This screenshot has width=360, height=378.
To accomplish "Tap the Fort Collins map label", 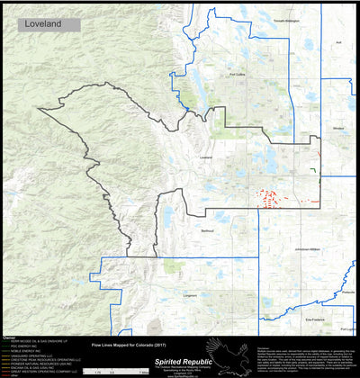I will [237, 75].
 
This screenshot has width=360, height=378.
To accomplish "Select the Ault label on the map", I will [338, 41].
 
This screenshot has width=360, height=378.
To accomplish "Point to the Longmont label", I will [190, 293].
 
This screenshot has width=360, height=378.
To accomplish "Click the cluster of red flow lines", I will [270, 198].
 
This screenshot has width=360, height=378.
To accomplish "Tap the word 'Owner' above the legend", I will [9, 335].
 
